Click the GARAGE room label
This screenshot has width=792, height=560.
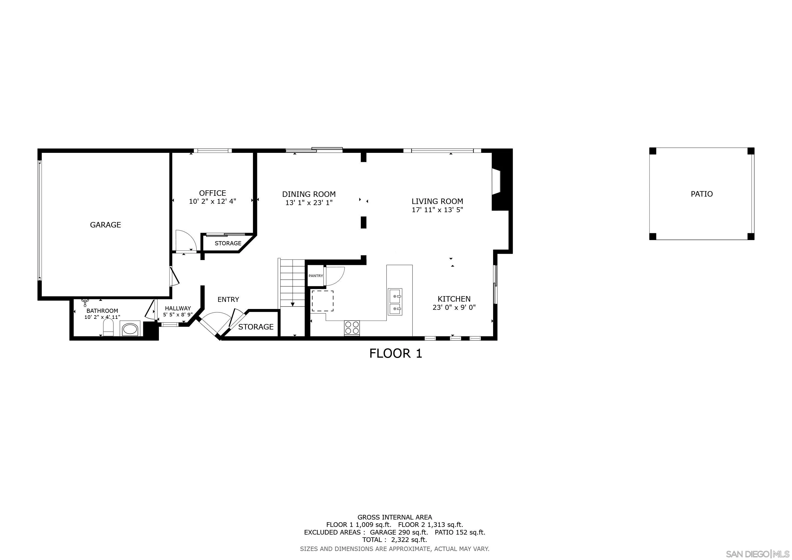tap(105, 225)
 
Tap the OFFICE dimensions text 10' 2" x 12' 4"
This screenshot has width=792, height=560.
tap(212, 201)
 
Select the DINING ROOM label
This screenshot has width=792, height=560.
tap(309, 194)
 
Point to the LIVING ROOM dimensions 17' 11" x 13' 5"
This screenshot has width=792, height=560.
tap(437, 210)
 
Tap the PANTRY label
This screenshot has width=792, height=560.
tap(316, 276)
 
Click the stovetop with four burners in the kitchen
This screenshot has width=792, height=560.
tap(352, 328)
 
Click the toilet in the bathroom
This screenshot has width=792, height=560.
tap(108, 327)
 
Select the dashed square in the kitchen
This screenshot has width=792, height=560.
tap(322, 301)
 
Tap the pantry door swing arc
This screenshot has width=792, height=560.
tap(334, 276)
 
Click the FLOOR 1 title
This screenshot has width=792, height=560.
tap(396, 354)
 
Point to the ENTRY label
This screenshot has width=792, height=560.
tap(228, 300)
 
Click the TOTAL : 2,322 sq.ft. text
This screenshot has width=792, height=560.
tap(394, 540)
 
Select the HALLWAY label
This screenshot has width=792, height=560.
tap(178, 308)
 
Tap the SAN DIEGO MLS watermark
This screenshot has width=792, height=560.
tap(757, 554)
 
